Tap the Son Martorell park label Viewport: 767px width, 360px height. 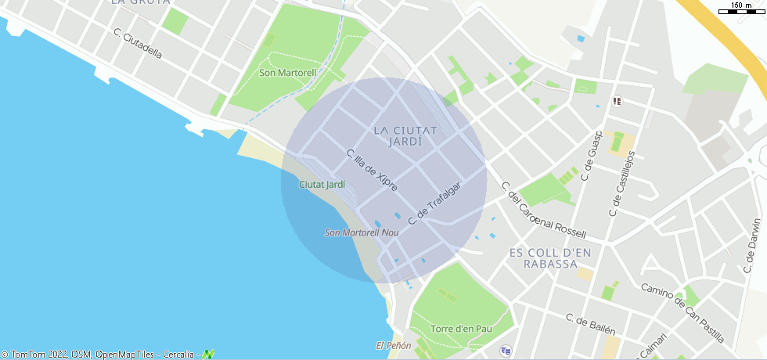pyautogui.click(x=287, y=73)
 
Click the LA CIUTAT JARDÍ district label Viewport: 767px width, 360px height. pyautogui.click(x=405, y=135)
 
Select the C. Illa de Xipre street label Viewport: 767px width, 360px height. pyautogui.click(x=372, y=170)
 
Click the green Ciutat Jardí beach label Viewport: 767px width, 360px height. pyautogui.click(x=322, y=185)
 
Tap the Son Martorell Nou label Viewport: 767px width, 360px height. pyautogui.click(x=362, y=232)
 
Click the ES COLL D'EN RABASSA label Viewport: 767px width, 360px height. pyautogui.click(x=550, y=257)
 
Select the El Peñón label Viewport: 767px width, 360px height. pyautogui.click(x=394, y=345)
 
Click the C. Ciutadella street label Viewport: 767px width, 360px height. pyautogui.click(x=138, y=45)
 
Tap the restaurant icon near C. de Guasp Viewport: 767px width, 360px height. pyautogui.click(x=618, y=101)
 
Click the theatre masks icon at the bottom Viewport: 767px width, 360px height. pyautogui.click(x=506, y=350)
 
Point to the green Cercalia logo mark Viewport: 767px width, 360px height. pyautogui.click(x=208, y=355)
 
